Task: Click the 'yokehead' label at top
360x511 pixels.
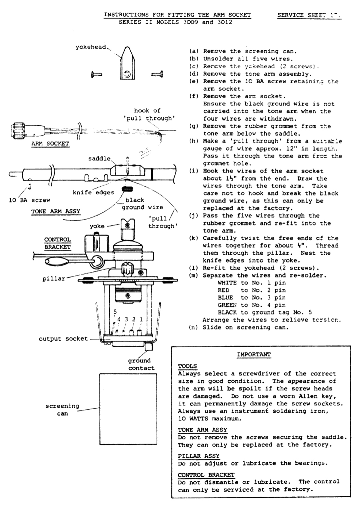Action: pyautogui.click(x=91, y=47)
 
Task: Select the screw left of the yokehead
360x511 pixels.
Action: pyautogui.click(x=97, y=74)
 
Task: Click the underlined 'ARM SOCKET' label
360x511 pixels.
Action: pyautogui.click(x=50, y=144)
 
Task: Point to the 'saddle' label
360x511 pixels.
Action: pyautogui.click(x=99, y=159)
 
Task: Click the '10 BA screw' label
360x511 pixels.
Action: pyautogui.click(x=29, y=200)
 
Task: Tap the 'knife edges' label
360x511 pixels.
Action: pyautogui.click(x=93, y=193)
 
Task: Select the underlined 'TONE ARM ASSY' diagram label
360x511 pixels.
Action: pyautogui.click(x=56, y=212)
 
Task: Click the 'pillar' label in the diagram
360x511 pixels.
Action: pyautogui.click(x=54, y=278)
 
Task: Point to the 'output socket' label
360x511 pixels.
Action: pyautogui.click(x=63, y=339)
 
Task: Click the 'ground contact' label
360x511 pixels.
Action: pyautogui.click(x=141, y=364)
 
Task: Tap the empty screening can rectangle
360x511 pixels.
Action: pyautogui.click(x=128, y=403)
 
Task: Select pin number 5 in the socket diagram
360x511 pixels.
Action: pyautogui.click(x=115, y=312)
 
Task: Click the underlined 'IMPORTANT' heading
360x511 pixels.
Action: pyautogui.click(x=254, y=354)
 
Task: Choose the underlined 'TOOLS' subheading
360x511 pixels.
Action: pyautogui.click(x=187, y=366)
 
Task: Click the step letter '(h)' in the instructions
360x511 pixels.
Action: pyautogui.click(x=194, y=141)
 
